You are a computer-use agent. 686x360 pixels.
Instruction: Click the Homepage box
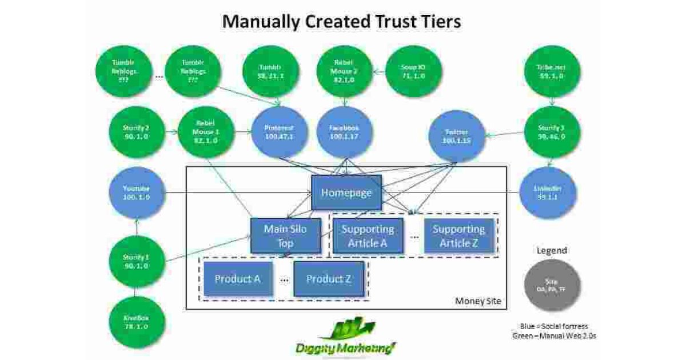[346, 193]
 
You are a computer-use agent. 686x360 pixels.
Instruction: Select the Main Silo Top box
[286, 236]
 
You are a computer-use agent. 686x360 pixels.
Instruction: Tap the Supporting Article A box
[368, 236]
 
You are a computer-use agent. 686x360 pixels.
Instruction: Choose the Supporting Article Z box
[458, 236]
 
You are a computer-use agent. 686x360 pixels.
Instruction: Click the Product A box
[238, 279]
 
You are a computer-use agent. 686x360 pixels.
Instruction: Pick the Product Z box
[329, 279]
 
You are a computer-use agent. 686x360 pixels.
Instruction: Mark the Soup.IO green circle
[413, 71]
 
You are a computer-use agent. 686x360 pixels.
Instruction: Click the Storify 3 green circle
[552, 133]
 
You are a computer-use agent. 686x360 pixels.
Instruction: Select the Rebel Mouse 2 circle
[345, 71]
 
